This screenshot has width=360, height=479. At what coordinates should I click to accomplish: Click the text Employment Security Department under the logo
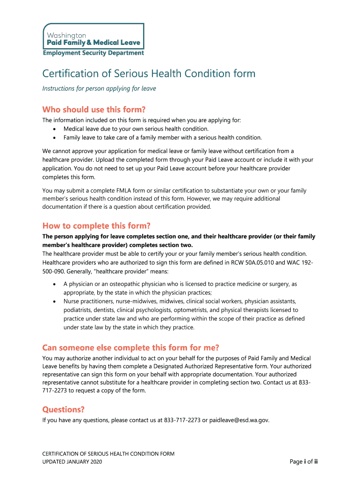tap(94, 53)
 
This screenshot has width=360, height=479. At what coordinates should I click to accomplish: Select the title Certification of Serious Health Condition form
tap(149, 74)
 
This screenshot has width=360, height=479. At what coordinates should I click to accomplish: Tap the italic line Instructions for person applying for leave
tap(99, 88)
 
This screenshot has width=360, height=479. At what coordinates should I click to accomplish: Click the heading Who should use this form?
tap(94, 109)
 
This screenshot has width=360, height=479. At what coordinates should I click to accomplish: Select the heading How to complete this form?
tap(96, 225)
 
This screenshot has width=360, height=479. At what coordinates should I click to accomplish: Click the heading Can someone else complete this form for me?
tap(130, 348)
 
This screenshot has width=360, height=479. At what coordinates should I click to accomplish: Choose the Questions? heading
tap(64, 409)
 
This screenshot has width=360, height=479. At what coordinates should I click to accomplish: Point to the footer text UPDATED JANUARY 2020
tap(72, 462)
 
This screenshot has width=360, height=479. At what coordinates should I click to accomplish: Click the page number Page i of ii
tap(304, 462)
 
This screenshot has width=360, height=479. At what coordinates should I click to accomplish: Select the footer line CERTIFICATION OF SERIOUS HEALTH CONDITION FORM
tap(108, 453)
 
